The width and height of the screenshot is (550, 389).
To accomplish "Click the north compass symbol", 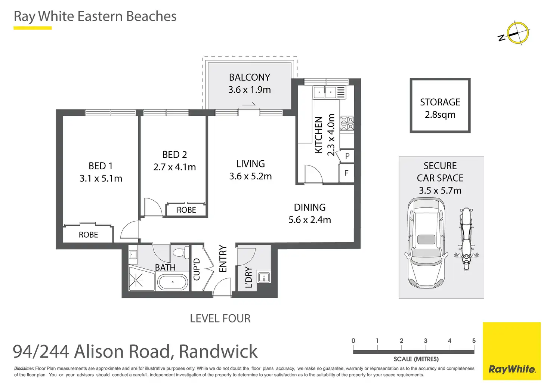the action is tap(517, 33).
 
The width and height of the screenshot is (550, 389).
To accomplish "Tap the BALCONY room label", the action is tap(249, 77).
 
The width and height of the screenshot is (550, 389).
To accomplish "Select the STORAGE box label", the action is tap(440, 102).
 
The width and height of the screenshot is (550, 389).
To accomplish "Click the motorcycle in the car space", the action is tap(466, 239).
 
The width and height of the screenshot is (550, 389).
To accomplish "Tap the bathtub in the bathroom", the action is tap(172, 282).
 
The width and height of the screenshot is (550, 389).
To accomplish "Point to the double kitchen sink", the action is tap(325, 92).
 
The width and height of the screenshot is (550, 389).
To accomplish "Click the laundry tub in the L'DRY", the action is tap(264, 277).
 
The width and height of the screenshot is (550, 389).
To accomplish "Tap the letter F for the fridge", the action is tap(346, 173).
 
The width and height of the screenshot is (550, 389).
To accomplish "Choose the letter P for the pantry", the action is tap(347, 156).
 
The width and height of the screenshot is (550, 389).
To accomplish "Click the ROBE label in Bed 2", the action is tap(186, 210).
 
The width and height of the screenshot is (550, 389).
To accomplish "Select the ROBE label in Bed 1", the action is tap(88, 235).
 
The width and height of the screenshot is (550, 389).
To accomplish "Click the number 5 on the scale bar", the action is tap(474, 341).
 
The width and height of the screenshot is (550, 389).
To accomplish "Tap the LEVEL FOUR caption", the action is tap(220, 318).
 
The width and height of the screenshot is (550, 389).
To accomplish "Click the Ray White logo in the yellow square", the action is tap(512, 369).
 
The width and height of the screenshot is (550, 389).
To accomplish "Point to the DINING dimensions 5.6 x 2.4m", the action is tap(309, 220).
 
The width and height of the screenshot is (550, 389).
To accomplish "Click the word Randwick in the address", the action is tap(218, 351).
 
